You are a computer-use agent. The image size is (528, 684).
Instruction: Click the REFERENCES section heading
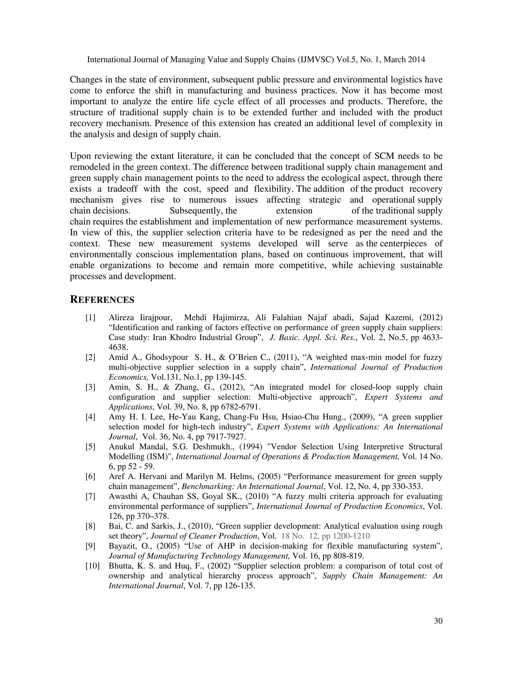(x=102, y=300)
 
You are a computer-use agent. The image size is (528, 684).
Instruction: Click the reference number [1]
(x=90, y=317)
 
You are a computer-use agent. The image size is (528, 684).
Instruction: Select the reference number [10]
(x=92, y=566)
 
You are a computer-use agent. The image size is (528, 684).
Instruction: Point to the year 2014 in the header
(x=416, y=60)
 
